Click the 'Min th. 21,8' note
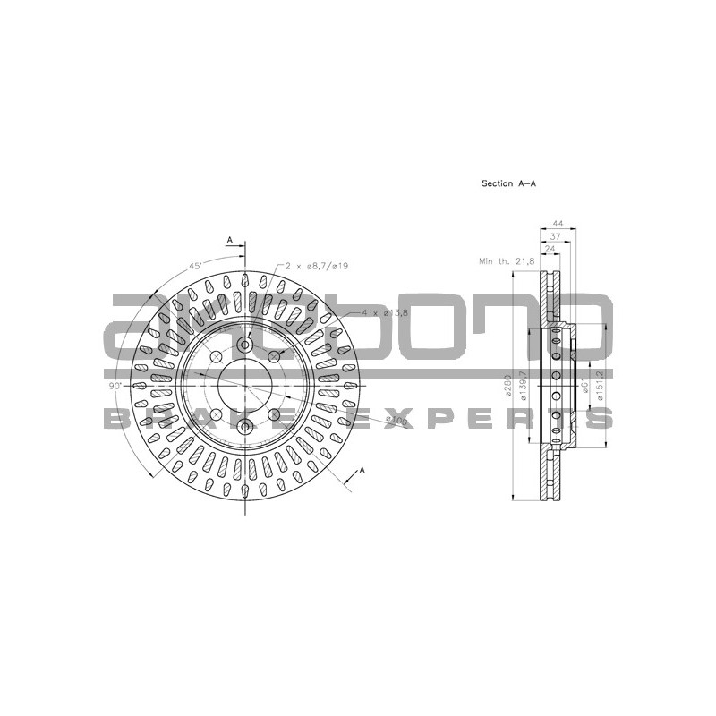point(507,260)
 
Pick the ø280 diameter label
point(507,387)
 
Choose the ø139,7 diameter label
point(520,387)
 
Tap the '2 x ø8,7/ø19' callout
point(317,266)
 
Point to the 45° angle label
point(194,266)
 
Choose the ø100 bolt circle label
point(395,420)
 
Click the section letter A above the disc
point(230,240)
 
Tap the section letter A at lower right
point(362,469)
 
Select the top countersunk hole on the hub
point(244,345)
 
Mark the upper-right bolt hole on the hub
point(274,357)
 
